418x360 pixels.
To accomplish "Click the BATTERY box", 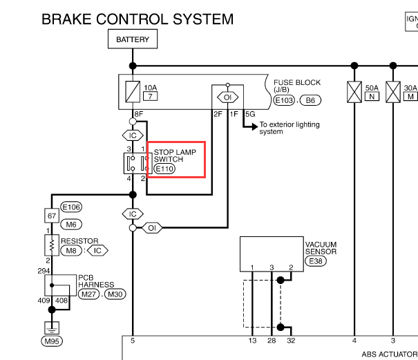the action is [x=133, y=39].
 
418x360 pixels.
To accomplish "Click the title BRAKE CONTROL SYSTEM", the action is [x=137, y=19].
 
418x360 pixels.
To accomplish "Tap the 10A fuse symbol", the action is [x=133, y=91].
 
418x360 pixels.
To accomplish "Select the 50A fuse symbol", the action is [x=354, y=92].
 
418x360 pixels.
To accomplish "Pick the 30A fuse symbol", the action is [x=393, y=92].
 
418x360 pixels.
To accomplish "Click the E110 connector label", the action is [x=164, y=169].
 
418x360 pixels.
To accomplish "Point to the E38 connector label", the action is [x=316, y=261].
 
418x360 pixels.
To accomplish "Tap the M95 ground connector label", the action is [x=52, y=341].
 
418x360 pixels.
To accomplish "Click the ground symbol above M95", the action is [x=52, y=328].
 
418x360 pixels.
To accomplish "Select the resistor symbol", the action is [x=52, y=245].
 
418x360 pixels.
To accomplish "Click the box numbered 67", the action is [x=52, y=216].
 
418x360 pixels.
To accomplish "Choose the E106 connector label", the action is [x=71, y=207].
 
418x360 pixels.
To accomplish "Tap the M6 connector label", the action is [x=71, y=225].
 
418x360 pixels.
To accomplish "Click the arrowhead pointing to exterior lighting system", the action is [x=255, y=126].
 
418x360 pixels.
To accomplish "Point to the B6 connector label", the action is [x=311, y=100].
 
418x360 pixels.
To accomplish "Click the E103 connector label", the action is [x=284, y=100].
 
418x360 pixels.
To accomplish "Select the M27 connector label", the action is [x=88, y=294].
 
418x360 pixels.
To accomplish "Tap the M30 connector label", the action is [x=115, y=294].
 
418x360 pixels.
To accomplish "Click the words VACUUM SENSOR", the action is [x=321, y=248].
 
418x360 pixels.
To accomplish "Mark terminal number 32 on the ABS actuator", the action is [x=291, y=341].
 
